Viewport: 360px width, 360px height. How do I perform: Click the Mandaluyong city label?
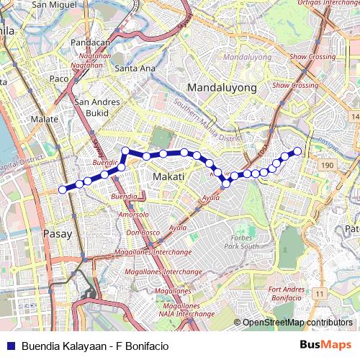click(222, 87)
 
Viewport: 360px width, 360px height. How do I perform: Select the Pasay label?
click(58, 233)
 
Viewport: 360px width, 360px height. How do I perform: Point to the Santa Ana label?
click(135, 68)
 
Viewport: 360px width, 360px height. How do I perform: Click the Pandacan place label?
click(90, 42)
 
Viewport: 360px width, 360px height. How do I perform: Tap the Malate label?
click(45, 119)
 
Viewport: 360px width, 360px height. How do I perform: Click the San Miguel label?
click(58, 4)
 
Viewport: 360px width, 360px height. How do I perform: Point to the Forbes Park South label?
click(240, 242)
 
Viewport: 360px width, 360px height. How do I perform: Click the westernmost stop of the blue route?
click(62, 189)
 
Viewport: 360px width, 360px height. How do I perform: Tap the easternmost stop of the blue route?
click(297, 150)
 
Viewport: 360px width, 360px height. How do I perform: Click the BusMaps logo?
click(325, 345)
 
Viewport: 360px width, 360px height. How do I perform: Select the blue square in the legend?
click(9, 346)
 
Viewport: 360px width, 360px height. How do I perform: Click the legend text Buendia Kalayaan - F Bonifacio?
click(95, 346)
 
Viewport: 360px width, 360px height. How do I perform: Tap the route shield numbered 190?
click(328, 166)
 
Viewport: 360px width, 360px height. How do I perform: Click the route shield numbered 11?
click(319, 294)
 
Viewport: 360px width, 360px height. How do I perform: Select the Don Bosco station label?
click(143, 233)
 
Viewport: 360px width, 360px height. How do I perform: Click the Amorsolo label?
click(133, 215)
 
